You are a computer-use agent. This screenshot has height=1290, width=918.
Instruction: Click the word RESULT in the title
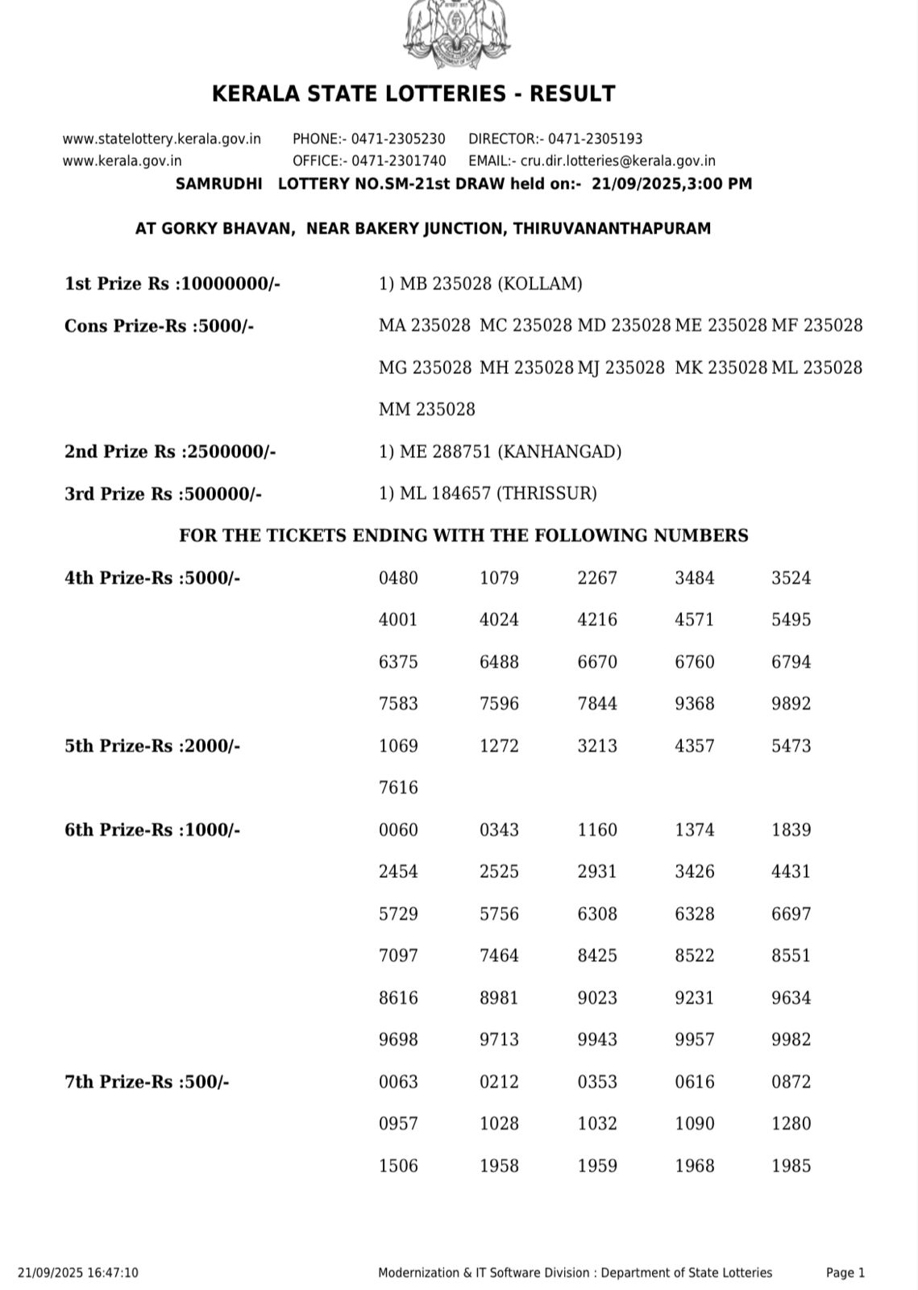tap(577, 94)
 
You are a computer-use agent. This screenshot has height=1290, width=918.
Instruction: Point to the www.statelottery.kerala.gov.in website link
tap(161, 139)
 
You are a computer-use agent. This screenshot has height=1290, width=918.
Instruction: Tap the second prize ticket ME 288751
tap(446, 451)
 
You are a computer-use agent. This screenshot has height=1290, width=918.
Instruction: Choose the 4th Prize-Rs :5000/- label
tap(152, 578)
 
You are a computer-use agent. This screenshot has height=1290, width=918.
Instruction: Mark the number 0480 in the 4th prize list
tap(398, 578)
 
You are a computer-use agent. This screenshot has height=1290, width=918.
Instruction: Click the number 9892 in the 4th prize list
tap(791, 704)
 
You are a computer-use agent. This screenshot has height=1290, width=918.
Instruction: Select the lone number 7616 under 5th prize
tap(398, 788)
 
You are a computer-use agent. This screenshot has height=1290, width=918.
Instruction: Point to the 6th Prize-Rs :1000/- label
tap(152, 830)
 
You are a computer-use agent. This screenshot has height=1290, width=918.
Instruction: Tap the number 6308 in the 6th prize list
tap(597, 913)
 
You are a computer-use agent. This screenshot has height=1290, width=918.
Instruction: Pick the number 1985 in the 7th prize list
tap(791, 1165)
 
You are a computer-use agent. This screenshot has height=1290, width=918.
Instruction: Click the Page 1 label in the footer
tap(845, 1272)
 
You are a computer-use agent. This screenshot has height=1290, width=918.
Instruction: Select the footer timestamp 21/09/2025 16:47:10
tap(77, 1272)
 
